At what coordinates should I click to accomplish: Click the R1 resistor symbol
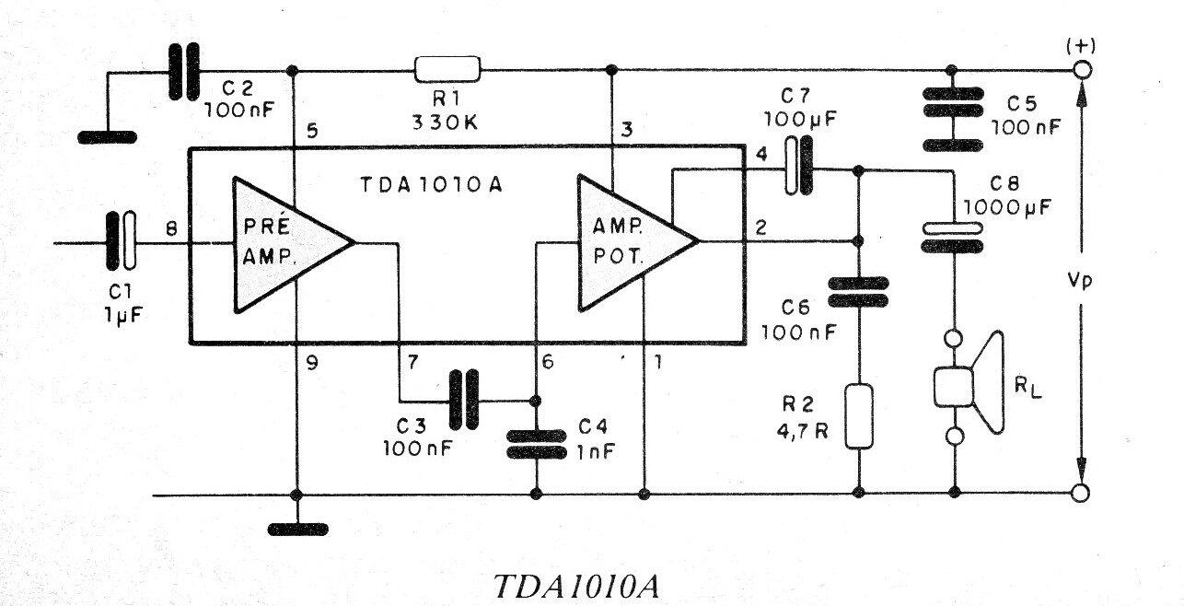[447, 69]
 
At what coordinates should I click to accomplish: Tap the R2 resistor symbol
[858, 416]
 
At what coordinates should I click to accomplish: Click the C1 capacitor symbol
[122, 243]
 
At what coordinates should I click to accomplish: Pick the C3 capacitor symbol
[464, 401]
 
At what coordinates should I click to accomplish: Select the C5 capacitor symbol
[951, 119]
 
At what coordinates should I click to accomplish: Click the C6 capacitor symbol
[858, 292]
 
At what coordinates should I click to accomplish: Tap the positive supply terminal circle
[1082, 70]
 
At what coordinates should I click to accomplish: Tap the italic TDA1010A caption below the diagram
[575, 587]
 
